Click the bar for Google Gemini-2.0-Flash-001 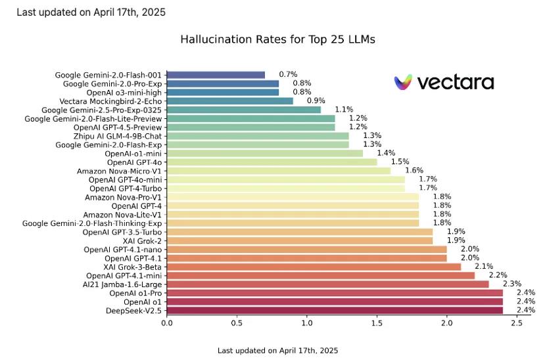tap(216, 75)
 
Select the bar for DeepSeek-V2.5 tap(335, 310)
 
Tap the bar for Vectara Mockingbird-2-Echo tap(229, 101)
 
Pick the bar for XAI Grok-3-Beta tap(314, 267)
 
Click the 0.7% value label tap(287, 75)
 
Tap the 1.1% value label tap(343, 110)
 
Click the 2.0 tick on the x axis tap(447, 323)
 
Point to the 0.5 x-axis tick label tap(237, 323)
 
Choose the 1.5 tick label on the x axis tap(377, 323)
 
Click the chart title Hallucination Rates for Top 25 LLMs tap(277, 39)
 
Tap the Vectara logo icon tap(402, 82)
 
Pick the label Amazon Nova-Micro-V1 tap(119, 171)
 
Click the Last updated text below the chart tap(277, 350)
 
